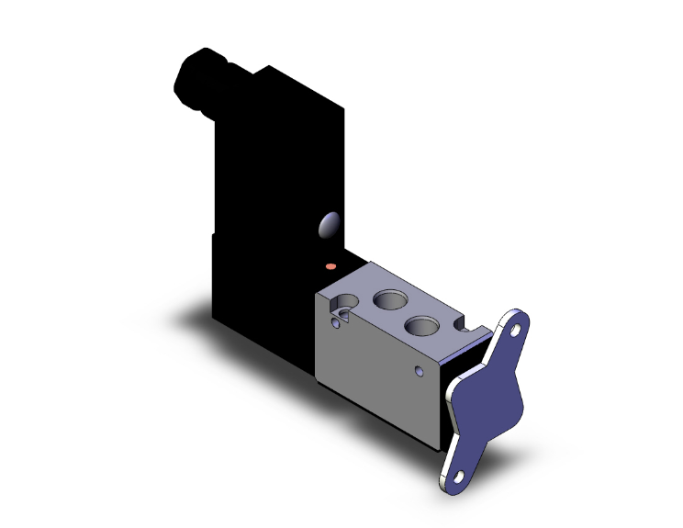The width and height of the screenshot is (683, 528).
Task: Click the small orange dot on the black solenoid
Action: point(331,266)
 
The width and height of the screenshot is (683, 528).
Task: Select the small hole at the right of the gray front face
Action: point(420,371)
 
